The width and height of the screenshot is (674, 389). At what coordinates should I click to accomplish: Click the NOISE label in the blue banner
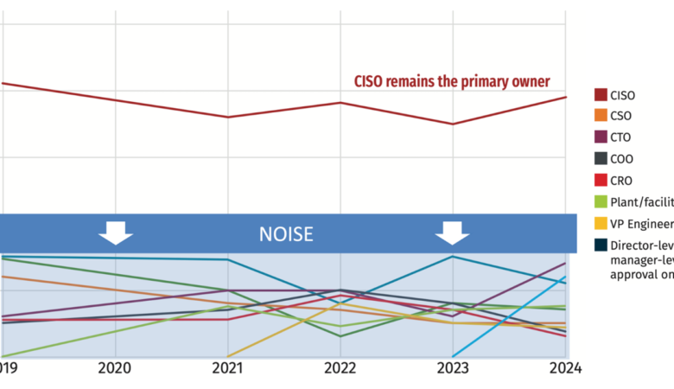[x=286, y=233]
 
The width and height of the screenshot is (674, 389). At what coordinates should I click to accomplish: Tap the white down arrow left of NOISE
[x=115, y=233]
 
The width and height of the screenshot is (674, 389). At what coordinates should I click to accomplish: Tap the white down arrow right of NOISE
[x=452, y=233]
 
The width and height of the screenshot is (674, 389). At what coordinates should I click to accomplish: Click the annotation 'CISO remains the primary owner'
[x=452, y=81]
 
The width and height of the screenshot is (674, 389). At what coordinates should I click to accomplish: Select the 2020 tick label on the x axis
[x=115, y=368]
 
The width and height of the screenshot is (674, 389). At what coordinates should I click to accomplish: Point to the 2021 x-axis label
[x=227, y=368]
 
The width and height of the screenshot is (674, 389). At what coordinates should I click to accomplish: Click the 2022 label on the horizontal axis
[x=340, y=368]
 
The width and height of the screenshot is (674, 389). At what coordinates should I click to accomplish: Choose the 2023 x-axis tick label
[x=452, y=368]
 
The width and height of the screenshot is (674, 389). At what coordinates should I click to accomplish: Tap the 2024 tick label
[x=564, y=368]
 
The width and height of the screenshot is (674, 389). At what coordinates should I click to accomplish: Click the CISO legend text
[x=621, y=95]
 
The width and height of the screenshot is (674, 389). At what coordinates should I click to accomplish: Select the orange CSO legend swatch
[x=601, y=116]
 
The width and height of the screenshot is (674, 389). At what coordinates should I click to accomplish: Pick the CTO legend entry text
[x=620, y=137]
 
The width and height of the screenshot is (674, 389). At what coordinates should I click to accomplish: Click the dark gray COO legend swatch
[x=601, y=159]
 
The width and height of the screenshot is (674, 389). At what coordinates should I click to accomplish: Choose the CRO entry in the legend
[x=621, y=181]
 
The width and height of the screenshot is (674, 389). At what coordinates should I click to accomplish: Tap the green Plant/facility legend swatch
[x=601, y=202]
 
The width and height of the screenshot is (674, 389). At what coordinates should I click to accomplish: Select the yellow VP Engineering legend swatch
[x=601, y=224]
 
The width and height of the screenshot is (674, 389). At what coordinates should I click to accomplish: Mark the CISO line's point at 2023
[x=452, y=124]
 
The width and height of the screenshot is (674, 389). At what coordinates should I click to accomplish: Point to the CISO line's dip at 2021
[x=227, y=117]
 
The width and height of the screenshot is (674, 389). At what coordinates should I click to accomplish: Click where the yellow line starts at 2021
[x=227, y=356]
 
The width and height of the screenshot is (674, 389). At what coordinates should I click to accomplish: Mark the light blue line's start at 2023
[x=452, y=356]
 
